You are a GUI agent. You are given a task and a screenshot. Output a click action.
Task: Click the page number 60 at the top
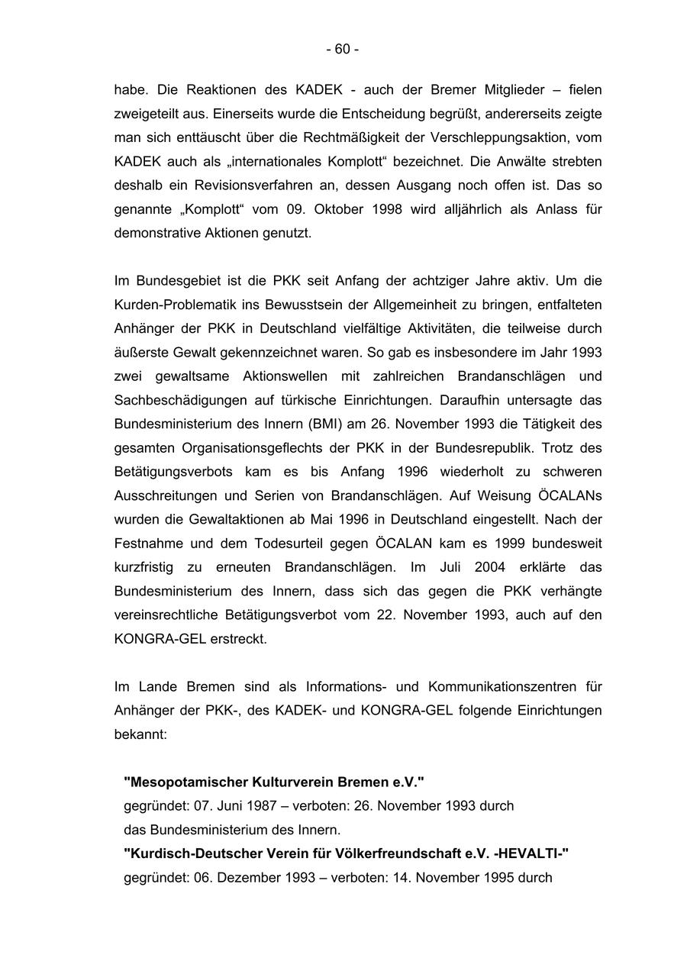342,50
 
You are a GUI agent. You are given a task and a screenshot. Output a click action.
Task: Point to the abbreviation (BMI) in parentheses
308,424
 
